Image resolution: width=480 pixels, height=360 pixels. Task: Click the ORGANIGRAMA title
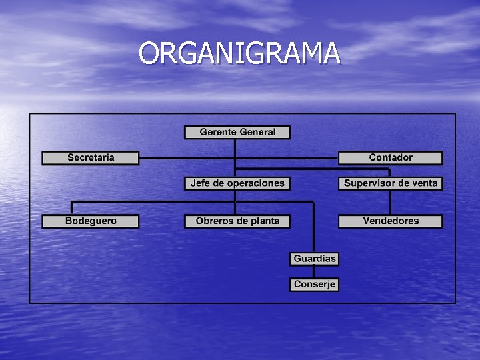(x=240, y=53)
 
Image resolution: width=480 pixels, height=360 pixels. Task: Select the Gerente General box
(x=237, y=132)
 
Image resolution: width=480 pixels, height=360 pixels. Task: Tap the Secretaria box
(x=91, y=158)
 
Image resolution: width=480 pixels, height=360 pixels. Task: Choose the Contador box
(x=391, y=158)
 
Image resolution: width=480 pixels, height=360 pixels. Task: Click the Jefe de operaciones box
(x=237, y=183)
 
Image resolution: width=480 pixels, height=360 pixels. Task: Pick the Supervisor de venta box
(x=391, y=183)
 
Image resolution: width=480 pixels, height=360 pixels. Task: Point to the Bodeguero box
(x=91, y=221)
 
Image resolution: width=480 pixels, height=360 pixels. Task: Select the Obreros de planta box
(x=237, y=221)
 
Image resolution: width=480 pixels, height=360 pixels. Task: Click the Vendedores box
(x=391, y=221)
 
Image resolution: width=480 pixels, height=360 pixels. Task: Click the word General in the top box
(x=257, y=132)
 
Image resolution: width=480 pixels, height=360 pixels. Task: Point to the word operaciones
(x=257, y=183)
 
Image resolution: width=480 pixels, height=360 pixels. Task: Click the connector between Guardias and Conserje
(x=314, y=271)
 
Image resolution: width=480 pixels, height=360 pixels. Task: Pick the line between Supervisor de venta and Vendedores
(x=391, y=202)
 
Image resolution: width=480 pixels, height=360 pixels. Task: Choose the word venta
(x=425, y=183)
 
